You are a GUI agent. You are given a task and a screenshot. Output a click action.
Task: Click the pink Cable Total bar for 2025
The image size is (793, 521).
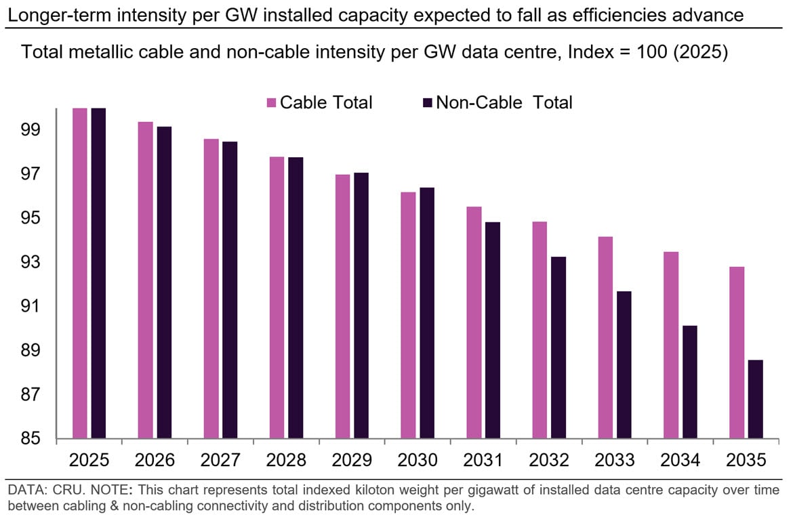point(80,273)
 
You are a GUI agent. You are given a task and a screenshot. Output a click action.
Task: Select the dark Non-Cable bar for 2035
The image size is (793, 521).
point(756,398)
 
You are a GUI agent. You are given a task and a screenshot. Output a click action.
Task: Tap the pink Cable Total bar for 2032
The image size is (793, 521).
point(540,329)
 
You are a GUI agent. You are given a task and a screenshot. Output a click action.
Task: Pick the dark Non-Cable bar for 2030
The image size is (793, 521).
point(427,313)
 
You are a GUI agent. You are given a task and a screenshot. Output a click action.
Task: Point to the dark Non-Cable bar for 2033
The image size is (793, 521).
point(624,364)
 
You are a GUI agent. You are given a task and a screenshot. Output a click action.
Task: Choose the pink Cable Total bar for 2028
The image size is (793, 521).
point(277,297)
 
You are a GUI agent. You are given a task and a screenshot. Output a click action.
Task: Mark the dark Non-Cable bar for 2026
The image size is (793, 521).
point(165,282)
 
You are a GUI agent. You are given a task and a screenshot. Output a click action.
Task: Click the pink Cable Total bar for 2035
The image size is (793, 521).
point(737,352)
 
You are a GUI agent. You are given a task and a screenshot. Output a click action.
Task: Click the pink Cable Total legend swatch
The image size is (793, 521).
point(272,103)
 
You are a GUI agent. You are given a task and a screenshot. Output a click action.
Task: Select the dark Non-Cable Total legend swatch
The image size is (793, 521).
point(428,103)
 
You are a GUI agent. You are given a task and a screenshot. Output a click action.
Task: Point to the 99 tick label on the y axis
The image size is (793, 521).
point(30,130)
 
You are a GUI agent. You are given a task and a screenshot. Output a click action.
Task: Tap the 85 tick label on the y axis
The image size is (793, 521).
point(30,438)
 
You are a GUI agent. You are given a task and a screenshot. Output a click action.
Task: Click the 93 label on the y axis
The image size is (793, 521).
point(30,262)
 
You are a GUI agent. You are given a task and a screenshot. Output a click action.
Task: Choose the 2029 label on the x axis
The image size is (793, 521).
point(352,460)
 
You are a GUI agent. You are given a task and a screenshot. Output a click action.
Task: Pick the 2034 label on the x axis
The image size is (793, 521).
point(680,460)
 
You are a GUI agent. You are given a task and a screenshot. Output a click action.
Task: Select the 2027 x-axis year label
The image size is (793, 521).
point(220,460)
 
